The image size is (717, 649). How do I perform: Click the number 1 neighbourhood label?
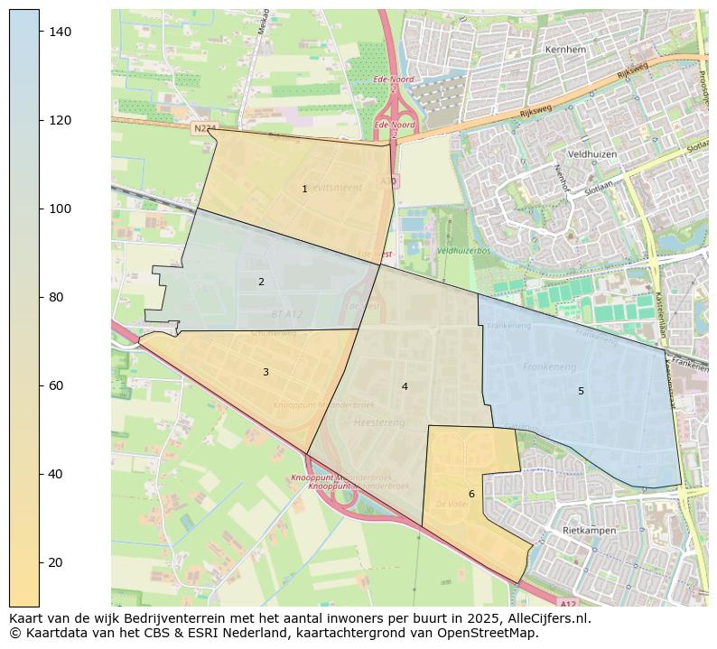pos(304,189)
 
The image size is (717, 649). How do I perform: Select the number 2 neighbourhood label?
pos(261,282)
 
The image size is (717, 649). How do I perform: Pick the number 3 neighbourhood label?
pos(265,372)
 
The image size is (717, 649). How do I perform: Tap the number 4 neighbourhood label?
pos(405,386)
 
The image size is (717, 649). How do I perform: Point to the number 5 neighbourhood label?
pos(581,391)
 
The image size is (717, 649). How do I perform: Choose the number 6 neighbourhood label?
pos(471,494)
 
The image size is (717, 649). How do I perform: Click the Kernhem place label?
pos(566,50)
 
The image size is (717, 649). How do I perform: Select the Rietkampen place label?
pos(589,531)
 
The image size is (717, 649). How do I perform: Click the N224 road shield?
pos(204,129)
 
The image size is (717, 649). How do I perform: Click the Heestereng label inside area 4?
pos(378,422)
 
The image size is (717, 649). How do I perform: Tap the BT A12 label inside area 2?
pos(287,314)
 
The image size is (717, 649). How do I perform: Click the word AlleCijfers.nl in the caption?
pos(545,618)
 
